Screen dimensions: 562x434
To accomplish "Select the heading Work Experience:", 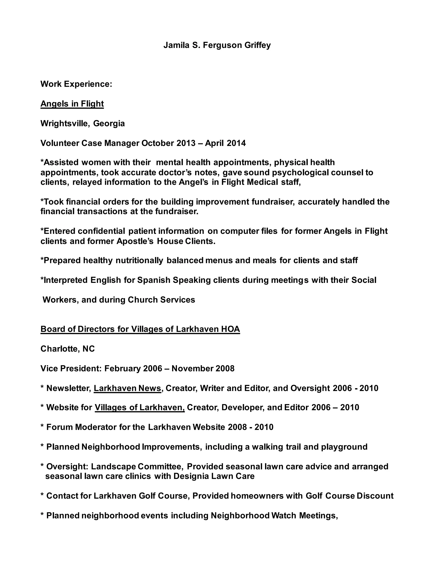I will coord(76,84).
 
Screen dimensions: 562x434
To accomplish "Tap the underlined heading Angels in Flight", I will coord(72,104).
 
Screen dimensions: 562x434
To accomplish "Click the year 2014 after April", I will coord(236,143).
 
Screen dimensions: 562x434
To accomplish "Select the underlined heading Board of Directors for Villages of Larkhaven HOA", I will coord(140,329).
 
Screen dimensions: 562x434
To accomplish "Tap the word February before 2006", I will coord(122,369).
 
